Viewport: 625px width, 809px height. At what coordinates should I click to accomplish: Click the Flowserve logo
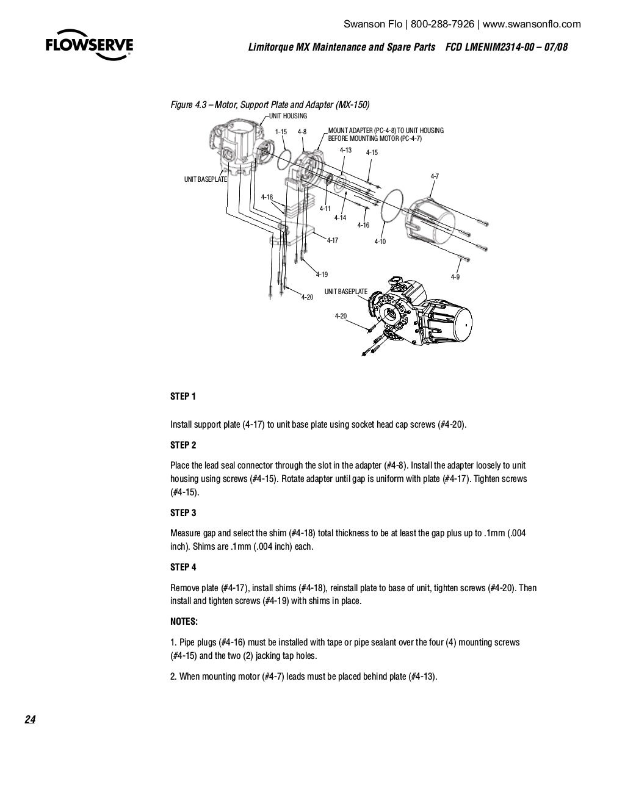(89, 46)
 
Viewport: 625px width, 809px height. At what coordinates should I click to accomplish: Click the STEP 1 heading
(183, 397)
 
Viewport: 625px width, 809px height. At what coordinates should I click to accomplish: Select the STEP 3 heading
(183, 513)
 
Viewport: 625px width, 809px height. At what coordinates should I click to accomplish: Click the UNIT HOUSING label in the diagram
(288, 116)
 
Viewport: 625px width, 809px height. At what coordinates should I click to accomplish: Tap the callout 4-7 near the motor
(435, 176)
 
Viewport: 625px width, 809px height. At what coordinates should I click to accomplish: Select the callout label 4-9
(455, 277)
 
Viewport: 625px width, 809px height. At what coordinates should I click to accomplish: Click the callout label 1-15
(281, 132)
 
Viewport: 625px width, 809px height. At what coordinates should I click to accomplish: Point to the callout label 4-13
(345, 150)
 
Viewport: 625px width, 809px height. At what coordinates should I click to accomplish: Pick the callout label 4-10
(380, 242)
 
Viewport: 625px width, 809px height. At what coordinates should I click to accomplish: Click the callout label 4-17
(332, 240)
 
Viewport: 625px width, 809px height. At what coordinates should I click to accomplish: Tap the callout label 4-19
(322, 275)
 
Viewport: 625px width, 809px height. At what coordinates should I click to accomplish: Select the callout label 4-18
(267, 197)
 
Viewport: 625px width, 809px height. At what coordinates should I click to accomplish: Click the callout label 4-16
(363, 226)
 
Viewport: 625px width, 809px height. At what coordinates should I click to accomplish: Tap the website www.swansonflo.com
(532, 24)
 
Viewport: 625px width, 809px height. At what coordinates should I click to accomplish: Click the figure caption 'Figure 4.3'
(190, 105)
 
